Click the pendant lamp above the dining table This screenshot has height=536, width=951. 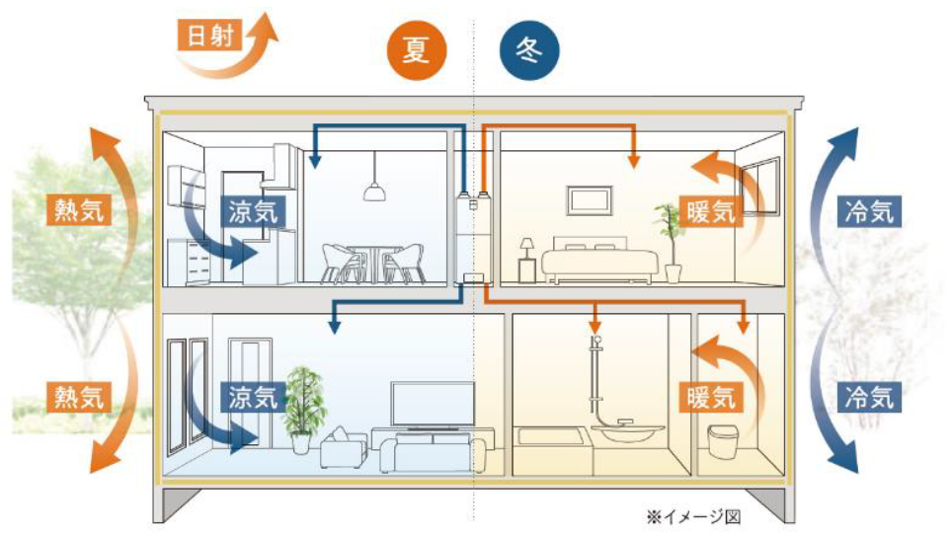click(x=373, y=188)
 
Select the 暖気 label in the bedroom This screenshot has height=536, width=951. click(x=710, y=211)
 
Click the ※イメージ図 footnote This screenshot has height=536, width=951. click(x=692, y=515)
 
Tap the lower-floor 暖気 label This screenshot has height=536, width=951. click(x=710, y=397)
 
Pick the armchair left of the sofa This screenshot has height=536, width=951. click(x=342, y=450)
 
